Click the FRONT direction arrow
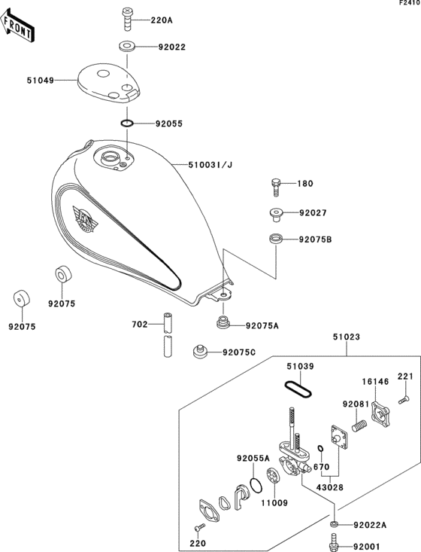[x=17, y=26]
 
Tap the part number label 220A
[x=162, y=20]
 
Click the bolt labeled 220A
[x=127, y=20]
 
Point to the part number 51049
[x=41, y=81]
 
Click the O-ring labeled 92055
[x=127, y=124]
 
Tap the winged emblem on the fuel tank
[x=85, y=219]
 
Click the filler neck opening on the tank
[x=110, y=157]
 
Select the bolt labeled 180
[x=276, y=188]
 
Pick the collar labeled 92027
[x=276, y=215]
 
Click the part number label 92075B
[x=315, y=239]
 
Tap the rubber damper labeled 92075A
[x=223, y=323]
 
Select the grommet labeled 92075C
[x=200, y=352]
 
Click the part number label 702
[x=140, y=325]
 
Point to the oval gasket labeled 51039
[x=298, y=389]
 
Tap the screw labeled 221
[x=404, y=401]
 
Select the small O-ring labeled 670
[x=320, y=449]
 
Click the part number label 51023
[x=347, y=337]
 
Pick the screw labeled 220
[x=200, y=527]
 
